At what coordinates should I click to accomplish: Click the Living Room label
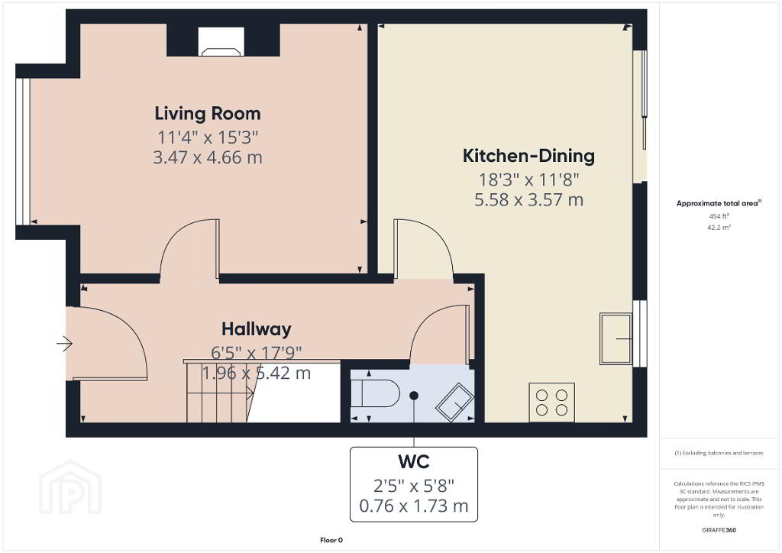208,114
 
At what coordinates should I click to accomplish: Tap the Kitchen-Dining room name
528,156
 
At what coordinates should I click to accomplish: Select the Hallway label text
257,329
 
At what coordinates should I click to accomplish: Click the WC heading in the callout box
414,462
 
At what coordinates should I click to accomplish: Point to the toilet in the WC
375,393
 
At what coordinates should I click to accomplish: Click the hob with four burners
551,403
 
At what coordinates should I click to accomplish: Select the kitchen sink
616,339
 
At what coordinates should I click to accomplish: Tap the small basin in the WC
454,403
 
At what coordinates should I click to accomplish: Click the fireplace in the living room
221,41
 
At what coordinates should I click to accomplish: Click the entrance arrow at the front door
64,344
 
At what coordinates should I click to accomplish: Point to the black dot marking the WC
414,396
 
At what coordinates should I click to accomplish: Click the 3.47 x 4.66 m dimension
208,157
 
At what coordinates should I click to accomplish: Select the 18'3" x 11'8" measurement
528,179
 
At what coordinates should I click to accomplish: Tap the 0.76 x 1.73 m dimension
414,506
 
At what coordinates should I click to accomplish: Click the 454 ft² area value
719,216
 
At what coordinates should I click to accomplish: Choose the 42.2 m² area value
719,228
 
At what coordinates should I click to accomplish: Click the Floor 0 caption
331,540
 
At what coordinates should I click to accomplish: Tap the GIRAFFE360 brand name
719,530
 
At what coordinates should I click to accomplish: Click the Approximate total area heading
719,203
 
